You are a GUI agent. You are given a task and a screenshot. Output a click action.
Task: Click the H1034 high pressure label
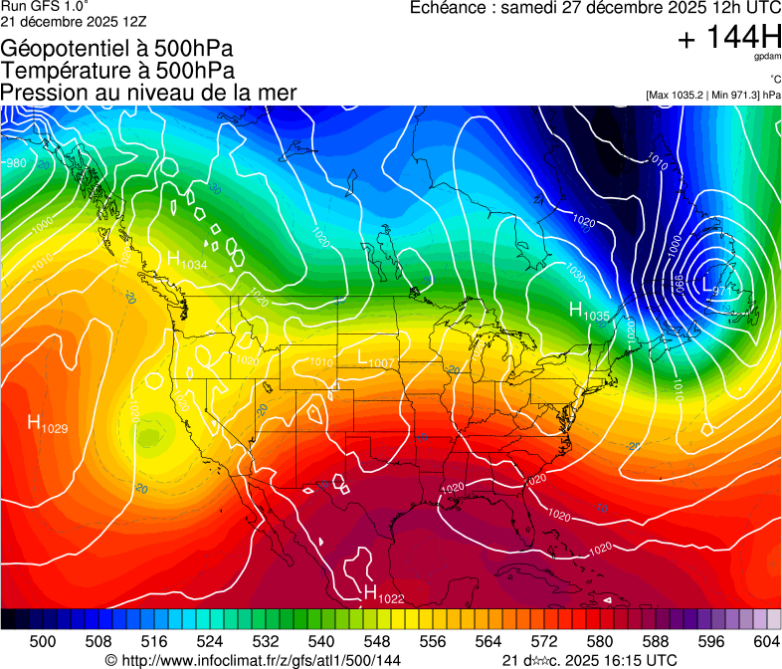187,261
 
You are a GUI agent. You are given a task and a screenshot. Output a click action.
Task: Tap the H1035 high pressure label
589,312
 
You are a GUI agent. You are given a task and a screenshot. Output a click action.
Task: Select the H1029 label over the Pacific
47,425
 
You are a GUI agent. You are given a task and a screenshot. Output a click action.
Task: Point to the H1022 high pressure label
383,595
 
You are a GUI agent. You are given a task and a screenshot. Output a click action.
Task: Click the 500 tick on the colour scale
43,641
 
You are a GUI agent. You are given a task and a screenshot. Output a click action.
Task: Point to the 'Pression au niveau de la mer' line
149,93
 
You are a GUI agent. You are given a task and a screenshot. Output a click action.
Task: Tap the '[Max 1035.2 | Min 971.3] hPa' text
712,96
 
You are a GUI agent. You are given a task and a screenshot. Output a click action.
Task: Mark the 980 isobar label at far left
16,163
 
